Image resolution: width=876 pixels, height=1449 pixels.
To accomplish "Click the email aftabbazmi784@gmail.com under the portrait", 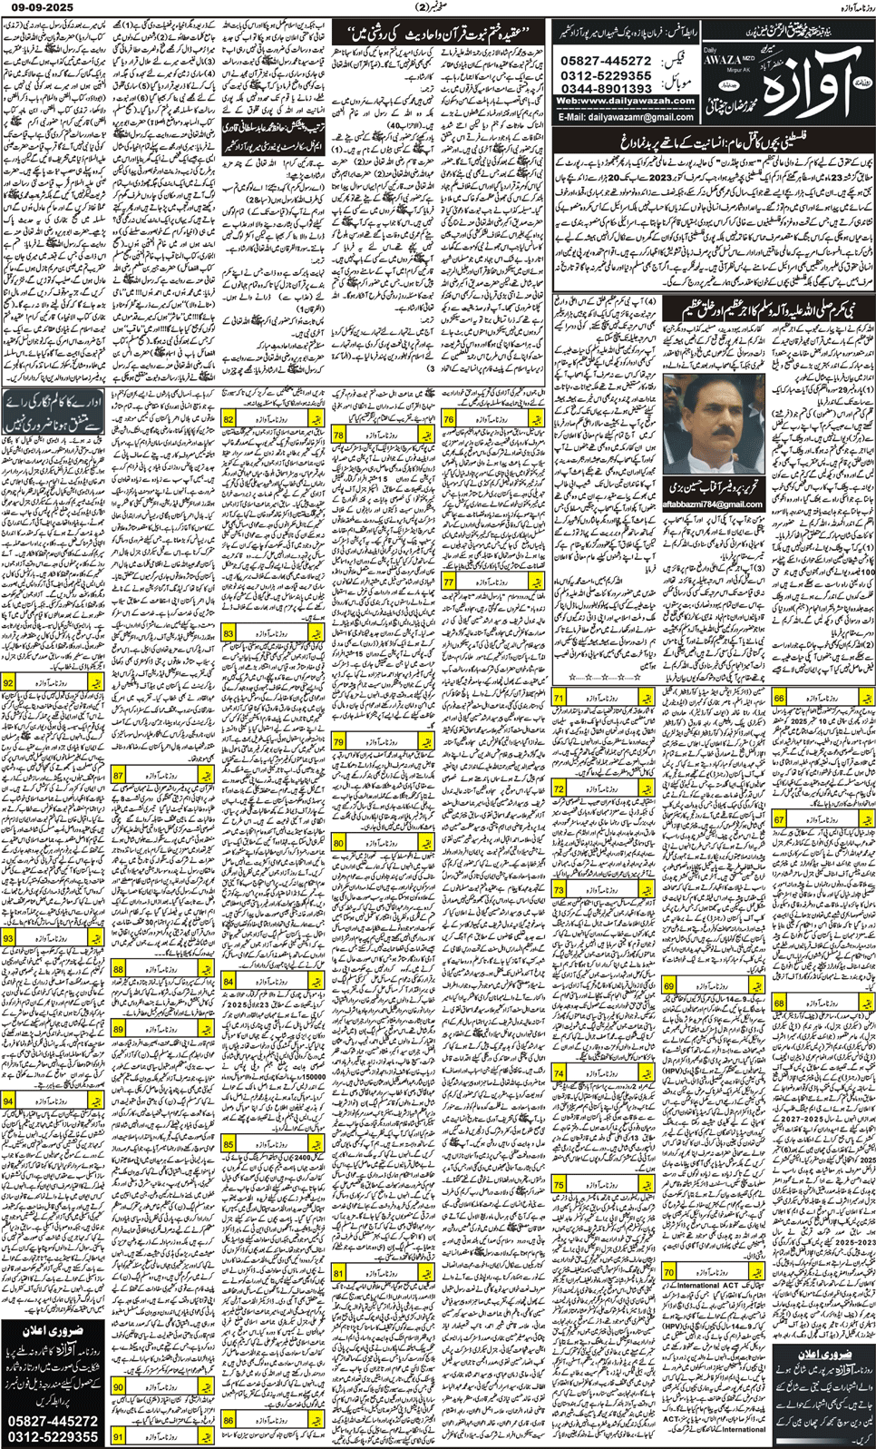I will click(x=713, y=504).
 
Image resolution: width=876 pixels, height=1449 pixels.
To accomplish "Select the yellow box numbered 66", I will click(x=780, y=698).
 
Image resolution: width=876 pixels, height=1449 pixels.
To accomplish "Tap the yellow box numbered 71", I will click(x=560, y=698).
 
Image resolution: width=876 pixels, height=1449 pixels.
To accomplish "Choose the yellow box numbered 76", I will click(x=449, y=419).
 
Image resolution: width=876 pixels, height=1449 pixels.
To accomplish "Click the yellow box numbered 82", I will click(x=229, y=419).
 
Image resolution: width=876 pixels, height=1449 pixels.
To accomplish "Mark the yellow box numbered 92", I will click(x=8, y=682).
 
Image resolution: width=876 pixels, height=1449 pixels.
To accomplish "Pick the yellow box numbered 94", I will click(x=8, y=1101).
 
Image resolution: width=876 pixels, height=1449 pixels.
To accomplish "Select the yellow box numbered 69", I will click(x=669, y=986).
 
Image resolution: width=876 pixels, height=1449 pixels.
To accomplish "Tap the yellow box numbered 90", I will click(x=119, y=1387).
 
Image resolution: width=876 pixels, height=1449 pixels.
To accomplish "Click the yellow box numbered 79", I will click(x=338, y=741).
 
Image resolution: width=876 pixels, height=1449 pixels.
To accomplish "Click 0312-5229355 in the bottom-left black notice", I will click(x=54, y=1437).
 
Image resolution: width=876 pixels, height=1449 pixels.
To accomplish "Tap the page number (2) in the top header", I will click(x=438, y=7).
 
